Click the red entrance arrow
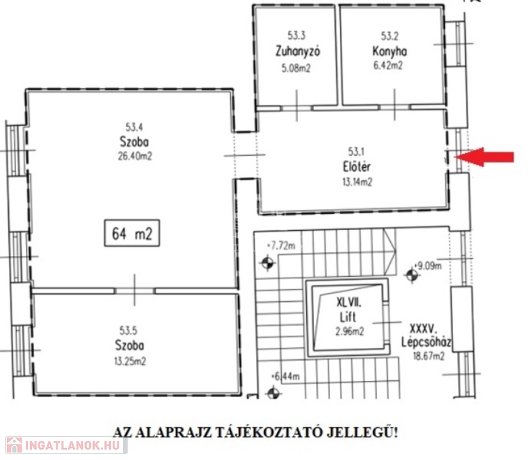[484, 157]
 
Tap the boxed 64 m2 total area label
[132, 233]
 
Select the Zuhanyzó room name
[298, 51]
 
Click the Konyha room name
[390, 51]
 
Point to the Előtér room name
[357, 167]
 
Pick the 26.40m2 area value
[135, 156]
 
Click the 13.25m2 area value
[130, 361]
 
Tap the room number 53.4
[134, 127]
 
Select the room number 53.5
[128, 331]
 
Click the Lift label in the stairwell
[348, 317]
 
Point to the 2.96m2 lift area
[349, 332]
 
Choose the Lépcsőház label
[426, 342]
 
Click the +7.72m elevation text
[281, 246]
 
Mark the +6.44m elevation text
[285, 376]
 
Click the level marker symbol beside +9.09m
[412, 276]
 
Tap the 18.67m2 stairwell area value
[429, 356]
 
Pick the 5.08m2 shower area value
[296, 68]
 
